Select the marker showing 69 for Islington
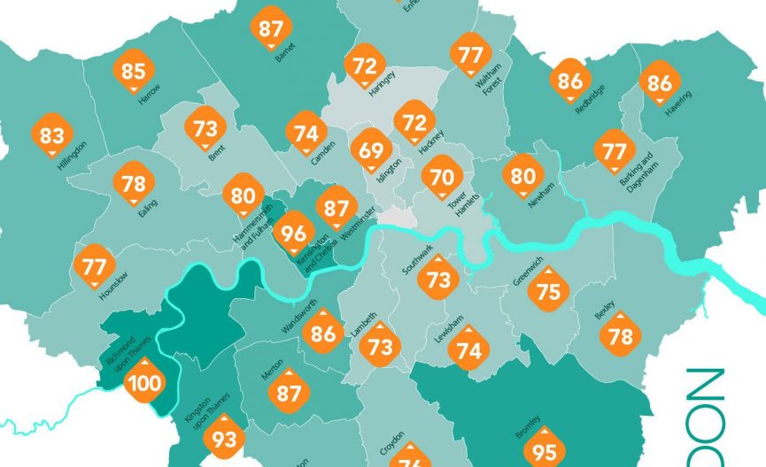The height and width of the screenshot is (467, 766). [x=372, y=149]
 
